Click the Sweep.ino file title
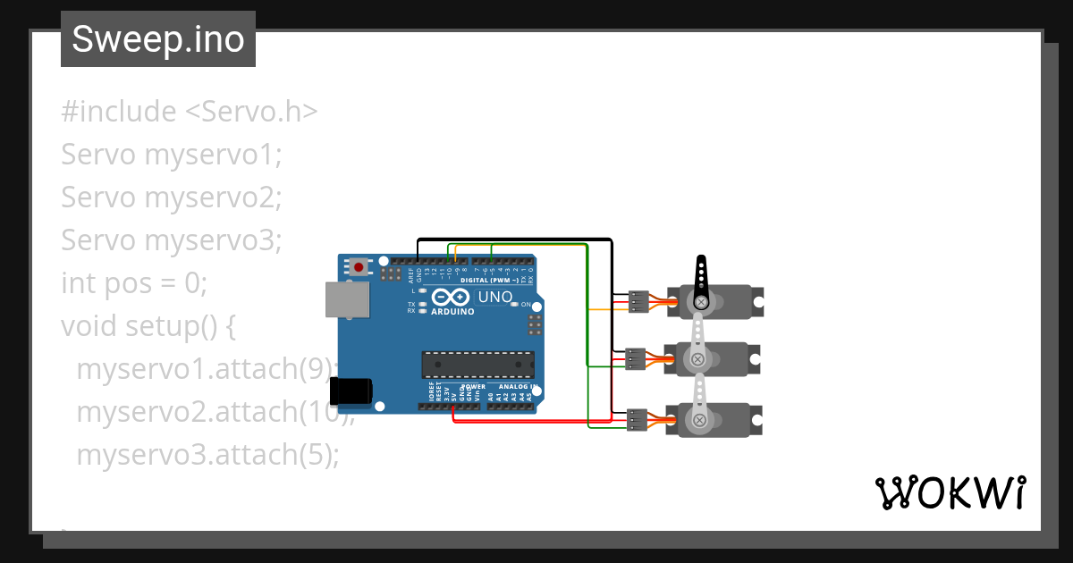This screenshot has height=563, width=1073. point(158,39)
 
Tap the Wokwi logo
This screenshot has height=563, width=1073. point(950,492)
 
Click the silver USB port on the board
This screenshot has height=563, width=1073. point(346,300)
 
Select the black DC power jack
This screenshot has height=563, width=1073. point(351,391)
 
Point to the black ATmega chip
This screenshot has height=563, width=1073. point(478,365)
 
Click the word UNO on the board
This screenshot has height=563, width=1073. point(495,297)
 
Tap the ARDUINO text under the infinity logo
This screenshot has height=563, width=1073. point(453,312)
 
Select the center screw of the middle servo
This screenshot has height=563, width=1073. point(697,359)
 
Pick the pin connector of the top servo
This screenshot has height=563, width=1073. point(638,302)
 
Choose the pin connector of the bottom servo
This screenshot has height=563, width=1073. point(637,418)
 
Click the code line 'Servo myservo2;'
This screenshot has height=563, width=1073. point(172,197)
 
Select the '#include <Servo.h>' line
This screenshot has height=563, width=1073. point(190,112)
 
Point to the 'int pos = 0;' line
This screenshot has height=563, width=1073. point(134,283)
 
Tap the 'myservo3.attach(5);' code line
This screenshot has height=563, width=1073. point(207,455)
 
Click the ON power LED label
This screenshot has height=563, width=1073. point(526,305)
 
